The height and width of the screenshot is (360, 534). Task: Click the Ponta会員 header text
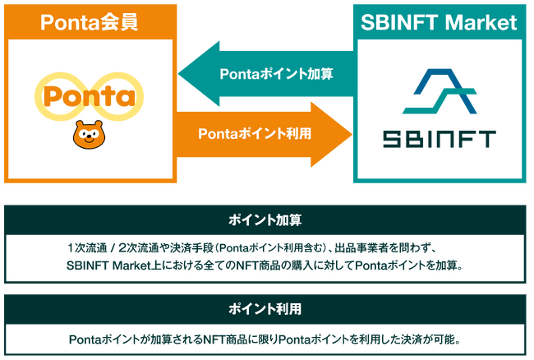[x=88, y=20]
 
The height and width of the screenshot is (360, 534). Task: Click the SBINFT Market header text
[x=440, y=20]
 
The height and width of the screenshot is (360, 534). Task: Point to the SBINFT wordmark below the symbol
[x=440, y=138]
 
